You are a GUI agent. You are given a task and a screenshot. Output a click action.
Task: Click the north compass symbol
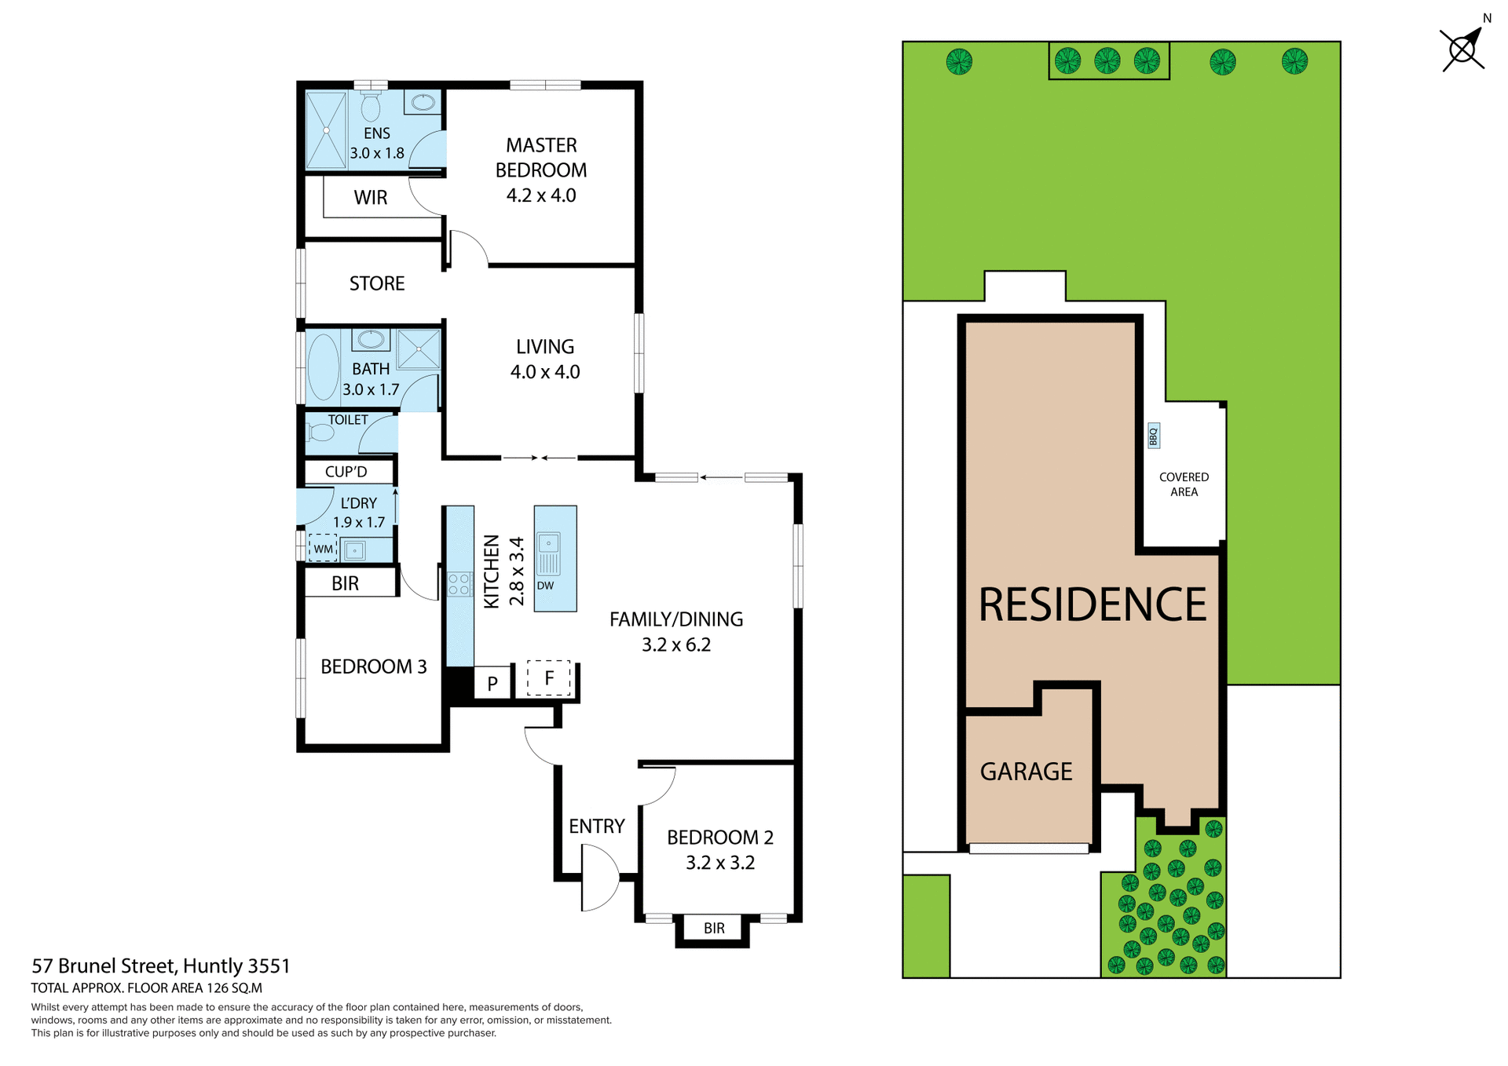1462,50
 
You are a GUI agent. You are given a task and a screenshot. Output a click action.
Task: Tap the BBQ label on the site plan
1153,436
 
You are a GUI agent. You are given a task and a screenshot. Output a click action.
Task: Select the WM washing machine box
323,548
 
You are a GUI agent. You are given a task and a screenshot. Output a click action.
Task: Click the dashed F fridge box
548,677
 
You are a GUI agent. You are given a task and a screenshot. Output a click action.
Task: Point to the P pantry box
492,683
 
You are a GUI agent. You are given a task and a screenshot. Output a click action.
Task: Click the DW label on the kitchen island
545,586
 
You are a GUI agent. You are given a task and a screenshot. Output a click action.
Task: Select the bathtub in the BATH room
323,367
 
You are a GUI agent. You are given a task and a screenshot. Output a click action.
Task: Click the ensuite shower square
326,130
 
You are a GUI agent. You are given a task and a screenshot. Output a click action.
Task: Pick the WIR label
370,197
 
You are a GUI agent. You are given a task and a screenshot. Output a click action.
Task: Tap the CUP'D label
346,472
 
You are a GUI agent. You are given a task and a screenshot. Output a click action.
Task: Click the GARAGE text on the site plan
1026,772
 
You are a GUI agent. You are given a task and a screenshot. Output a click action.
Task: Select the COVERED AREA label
1184,484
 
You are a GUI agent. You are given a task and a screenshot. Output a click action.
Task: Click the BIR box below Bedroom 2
713,929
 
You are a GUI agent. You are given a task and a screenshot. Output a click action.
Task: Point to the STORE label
377,283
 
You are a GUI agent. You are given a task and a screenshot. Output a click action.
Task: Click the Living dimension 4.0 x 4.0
545,372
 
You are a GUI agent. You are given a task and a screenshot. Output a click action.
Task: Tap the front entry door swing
598,878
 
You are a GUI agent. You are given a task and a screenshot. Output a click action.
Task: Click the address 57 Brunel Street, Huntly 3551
161,966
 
